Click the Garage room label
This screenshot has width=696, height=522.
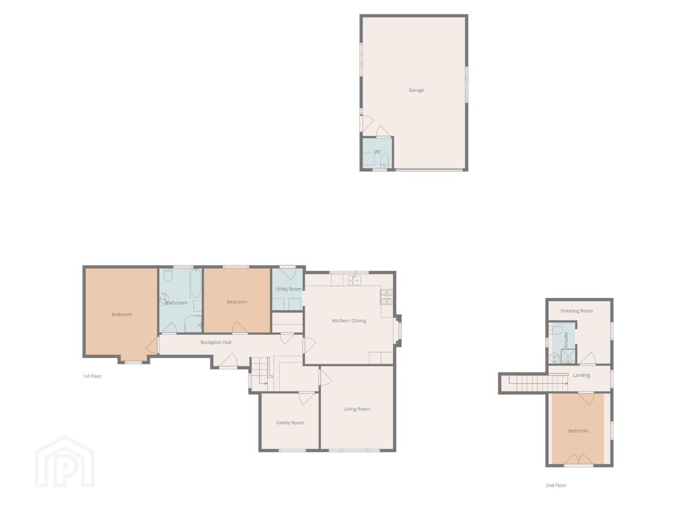pyautogui.click(x=416, y=90)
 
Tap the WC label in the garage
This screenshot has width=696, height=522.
pyautogui.click(x=377, y=152)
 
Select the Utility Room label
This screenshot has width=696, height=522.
pyautogui.click(x=288, y=289)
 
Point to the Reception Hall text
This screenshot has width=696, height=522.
pyautogui.click(x=216, y=342)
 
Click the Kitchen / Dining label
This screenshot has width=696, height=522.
pyautogui.click(x=349, y=321)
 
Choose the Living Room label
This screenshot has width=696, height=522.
pyautogui.click(x=357, y=409)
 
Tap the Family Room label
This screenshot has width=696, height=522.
pyautogui.click(x=290, y=423)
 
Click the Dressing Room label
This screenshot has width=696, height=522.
pyautogui.click(x=577, y=311)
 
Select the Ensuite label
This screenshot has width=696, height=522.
pyautogui.click(x=566, y=340)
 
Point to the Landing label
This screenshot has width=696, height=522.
pyautogui.click(x=581, y=375)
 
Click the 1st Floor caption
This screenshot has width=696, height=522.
pyautogui.click(x=92, y=376)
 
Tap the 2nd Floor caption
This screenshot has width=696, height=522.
pyautogui.click(x=556, y=485)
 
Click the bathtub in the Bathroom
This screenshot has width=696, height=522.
pyautogui.click(x=196, y=283)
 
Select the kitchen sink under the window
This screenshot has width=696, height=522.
pyautogui.click(x=354, y=280)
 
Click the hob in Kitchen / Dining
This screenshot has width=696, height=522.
pyautogui.click(x=387, y=297)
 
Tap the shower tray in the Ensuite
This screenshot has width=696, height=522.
pyautogui.click(x=568, y=356)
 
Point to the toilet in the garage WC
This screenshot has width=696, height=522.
pyautogui.click(x=384, y=161)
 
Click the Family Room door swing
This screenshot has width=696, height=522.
pyautogui.click(x=306, y=399)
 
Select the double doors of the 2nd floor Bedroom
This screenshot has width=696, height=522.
pyautogui.click(x=579, y=459)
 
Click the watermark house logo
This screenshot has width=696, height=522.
pyautogui.click(x=65, y=462)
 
